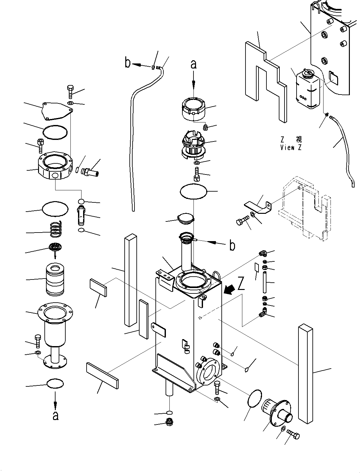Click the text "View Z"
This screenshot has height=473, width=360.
291,148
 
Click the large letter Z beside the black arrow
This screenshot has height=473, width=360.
241,284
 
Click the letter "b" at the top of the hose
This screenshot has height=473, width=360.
128,63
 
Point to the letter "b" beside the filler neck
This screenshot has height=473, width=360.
232,246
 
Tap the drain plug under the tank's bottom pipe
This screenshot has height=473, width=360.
169,422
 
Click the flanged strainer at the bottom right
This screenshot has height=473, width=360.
275,412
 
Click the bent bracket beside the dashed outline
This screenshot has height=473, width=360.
259,208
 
